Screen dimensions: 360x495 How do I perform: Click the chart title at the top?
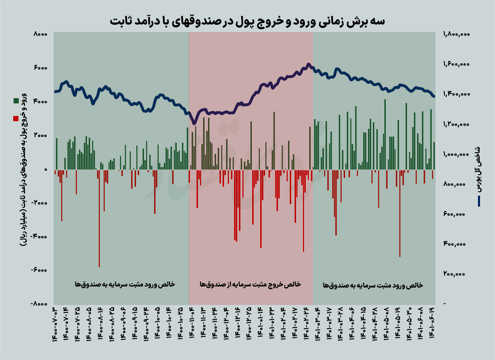pyautogui.click(x=247, y=21)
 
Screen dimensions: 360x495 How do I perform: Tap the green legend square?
pyautogui.click(x=16, y=101)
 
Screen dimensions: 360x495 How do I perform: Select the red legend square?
pyautogui.click(x=16, y=119)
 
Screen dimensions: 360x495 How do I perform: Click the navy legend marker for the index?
pyautogui.click(x=479, y=201)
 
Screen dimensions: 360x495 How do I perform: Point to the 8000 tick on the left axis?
pyautogui.click(x=40, y=34)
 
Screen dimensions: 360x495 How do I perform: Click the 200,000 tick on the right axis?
pyautogui.click(x=454, y=274)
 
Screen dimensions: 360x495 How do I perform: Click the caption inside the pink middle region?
pyautogui.click(x=250, y=284)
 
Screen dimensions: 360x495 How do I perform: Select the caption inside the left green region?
pyautogui.click(x=125, y=284)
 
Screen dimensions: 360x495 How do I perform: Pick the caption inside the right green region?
pyautogui.click(x=373, y=285)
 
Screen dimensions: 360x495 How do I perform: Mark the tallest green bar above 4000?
pyautogui.click(x=385, y=132)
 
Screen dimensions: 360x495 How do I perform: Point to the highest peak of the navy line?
pyautogui.click(x=308, y=64)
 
